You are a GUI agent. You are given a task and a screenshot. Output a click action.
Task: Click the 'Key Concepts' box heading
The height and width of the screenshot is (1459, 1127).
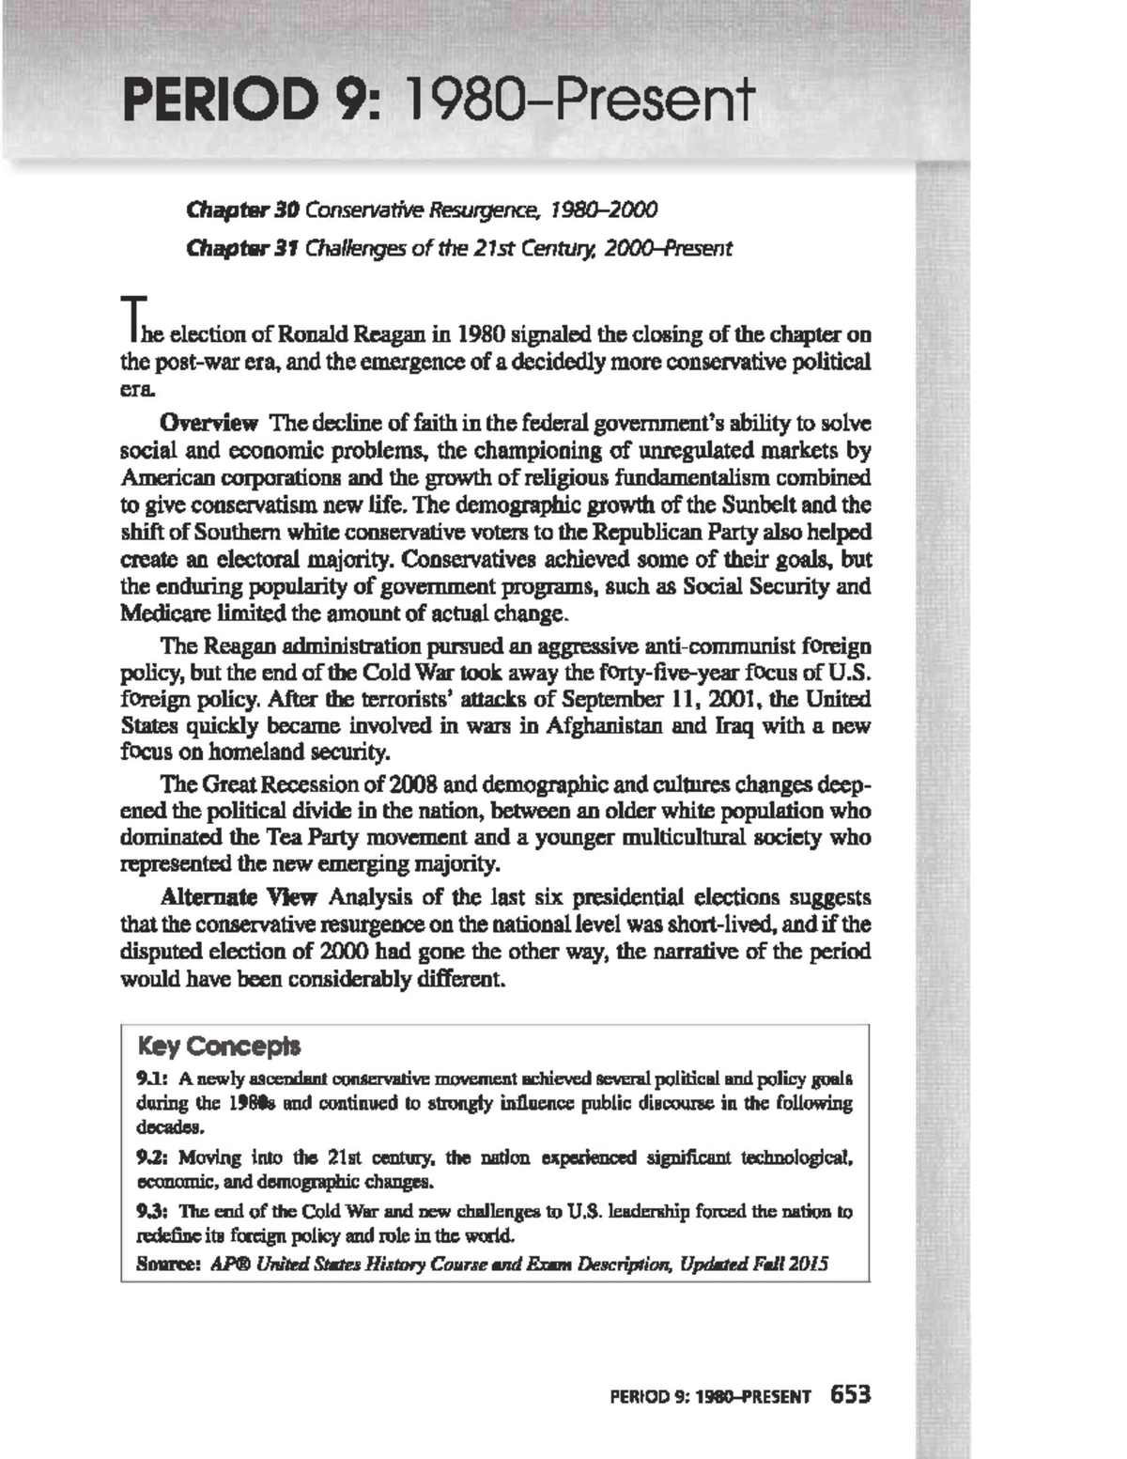(219, 1046)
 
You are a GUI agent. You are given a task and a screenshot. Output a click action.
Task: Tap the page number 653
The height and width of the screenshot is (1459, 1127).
(851, 1395)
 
